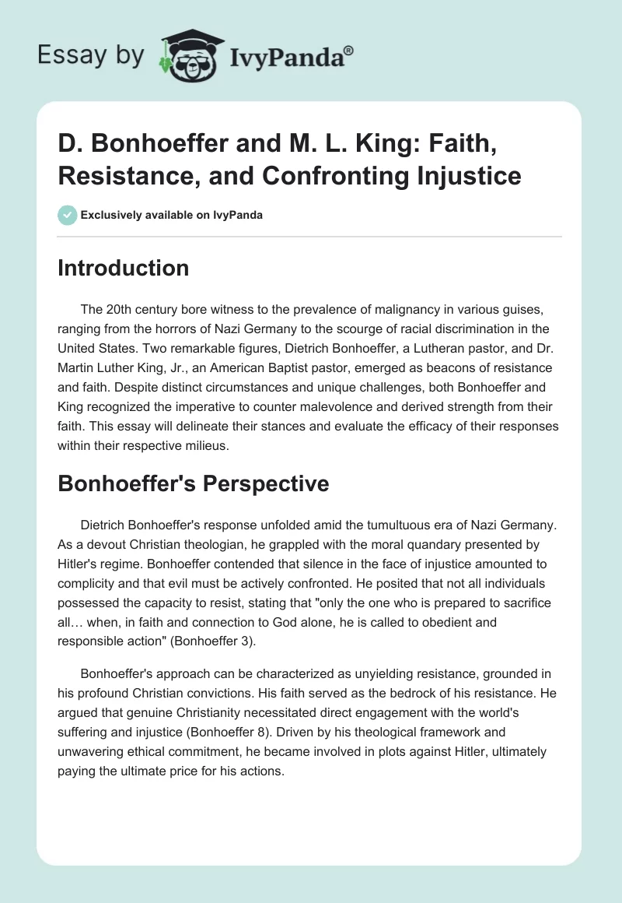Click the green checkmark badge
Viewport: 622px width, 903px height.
[68, 215]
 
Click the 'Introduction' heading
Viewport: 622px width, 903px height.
[124, 268]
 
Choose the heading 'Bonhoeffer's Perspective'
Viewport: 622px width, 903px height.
[194, 483]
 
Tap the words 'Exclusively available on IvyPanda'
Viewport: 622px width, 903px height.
[171, 216]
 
